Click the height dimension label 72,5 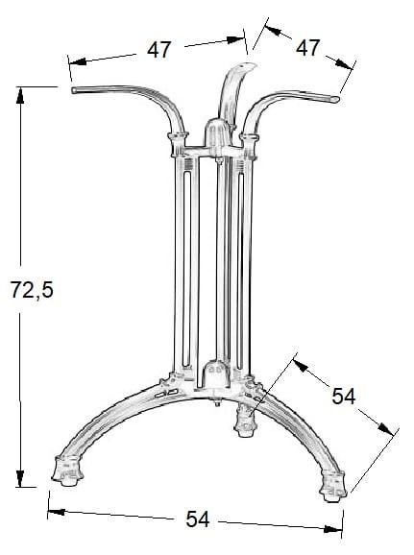pyautogui.click(x=32, y=289)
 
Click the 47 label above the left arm pyautogui.click(x=159, y=50)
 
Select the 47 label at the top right pyautogui.click(x=307, y=47)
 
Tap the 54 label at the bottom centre pyautogui.click(x=198, y=519)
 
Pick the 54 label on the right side pyautogui.click(x=343, y=396)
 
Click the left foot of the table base pyautogui.click(x=67, y=471)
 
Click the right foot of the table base pyautogui.click(x=332, y=486)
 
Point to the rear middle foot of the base pyautogui.click(x=245, y=422)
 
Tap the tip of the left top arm pyautogui.click(x=73, y=90)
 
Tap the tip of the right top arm pyautogui.click(x=337, y=100)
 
